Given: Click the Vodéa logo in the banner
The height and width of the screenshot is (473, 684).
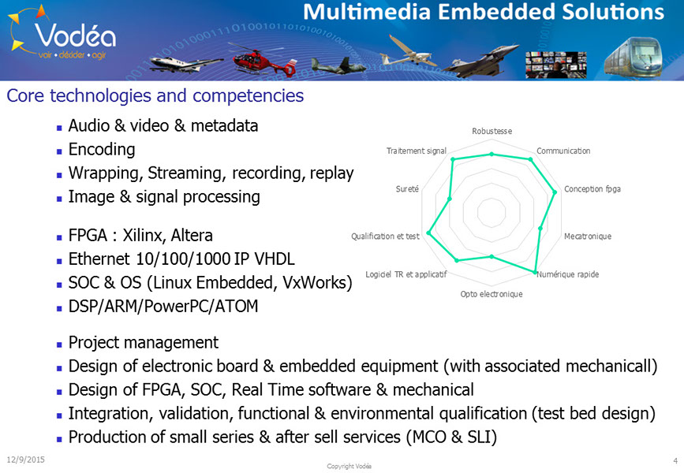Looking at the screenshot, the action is (x=63, y=35).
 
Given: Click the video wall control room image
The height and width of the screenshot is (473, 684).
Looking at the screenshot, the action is (x=555, y=65).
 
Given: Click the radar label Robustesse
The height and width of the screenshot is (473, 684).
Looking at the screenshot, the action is (x=492, y=131).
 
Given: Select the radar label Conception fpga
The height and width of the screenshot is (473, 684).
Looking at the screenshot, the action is (x=592, y=189).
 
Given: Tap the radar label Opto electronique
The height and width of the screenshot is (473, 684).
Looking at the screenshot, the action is (x=492, y=294).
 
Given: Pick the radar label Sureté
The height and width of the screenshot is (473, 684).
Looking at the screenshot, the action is (x=407, y=188).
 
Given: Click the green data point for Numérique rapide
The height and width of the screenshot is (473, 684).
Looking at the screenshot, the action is (x=535, y=273).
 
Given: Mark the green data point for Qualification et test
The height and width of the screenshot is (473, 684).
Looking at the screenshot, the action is (x=429, y=233).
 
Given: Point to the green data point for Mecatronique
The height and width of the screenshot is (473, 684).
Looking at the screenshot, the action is (x=540, y=228).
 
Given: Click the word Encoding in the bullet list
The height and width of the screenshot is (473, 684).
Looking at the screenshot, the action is (x=102, y=150).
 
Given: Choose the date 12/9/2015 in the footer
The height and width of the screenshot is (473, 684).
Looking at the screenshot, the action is (x=26, y=460).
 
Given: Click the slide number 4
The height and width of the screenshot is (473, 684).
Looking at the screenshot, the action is (x=675, y=460).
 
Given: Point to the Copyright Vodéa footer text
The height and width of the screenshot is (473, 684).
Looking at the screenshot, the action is (x=349, y=466).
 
